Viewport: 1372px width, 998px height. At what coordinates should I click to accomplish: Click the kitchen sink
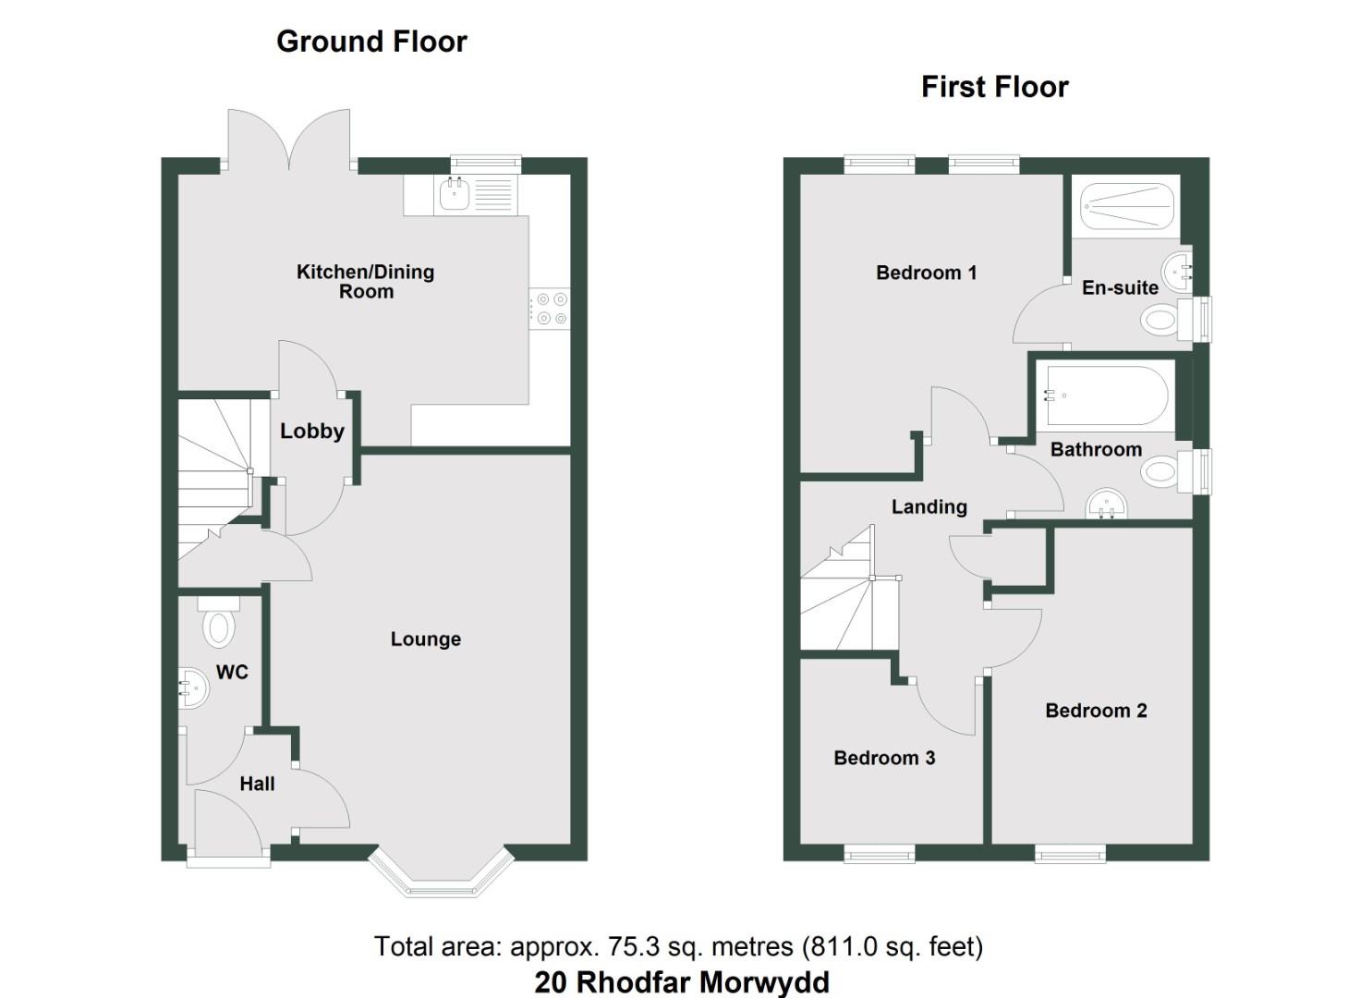455,194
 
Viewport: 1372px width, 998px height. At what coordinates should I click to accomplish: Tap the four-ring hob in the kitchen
550,309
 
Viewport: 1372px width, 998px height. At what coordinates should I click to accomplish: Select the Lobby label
312,431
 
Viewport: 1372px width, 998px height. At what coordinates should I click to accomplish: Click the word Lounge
425,639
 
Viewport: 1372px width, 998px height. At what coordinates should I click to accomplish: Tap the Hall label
257,784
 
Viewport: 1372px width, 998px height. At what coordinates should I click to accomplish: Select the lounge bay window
441,874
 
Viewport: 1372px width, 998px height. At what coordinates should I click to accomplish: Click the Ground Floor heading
371,42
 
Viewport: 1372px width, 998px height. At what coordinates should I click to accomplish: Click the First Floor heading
994,87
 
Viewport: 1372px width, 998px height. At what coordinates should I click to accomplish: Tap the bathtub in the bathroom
1105,396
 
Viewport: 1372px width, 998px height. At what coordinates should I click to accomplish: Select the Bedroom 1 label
926,273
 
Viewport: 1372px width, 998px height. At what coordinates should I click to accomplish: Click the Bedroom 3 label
884,758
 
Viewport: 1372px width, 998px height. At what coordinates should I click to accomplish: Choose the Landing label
929,506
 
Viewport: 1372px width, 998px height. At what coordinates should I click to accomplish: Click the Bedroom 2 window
1070,852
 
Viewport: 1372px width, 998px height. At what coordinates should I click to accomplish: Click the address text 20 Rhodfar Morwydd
682,981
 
